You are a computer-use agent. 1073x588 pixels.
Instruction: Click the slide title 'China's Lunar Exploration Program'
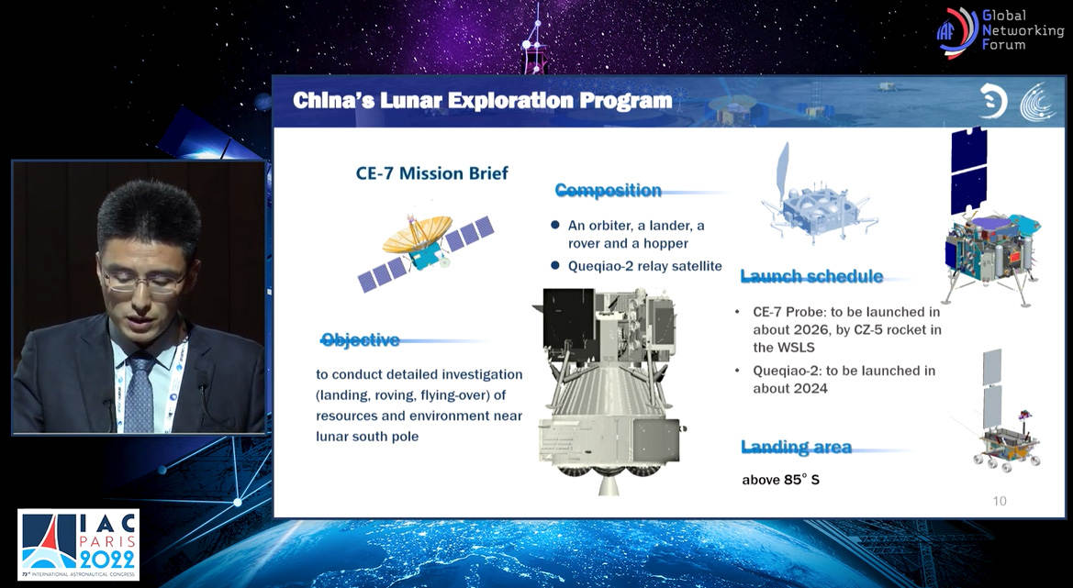[483, 101]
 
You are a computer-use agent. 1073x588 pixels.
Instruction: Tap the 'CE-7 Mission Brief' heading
[431, 173]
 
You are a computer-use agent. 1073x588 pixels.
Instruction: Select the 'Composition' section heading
[608, 190]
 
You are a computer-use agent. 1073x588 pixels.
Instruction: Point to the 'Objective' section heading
[360, 339]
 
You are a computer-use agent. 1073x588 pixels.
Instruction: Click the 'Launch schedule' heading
[811, 276]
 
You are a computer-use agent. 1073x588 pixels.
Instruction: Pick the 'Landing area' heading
[796, 447]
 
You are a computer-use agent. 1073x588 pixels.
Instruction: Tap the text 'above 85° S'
[781, 480]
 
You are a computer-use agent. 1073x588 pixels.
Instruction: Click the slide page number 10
[999, 501]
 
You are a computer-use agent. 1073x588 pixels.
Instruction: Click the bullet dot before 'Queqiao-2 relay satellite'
[555, 265]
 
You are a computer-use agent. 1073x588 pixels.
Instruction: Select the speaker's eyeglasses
[144, 281]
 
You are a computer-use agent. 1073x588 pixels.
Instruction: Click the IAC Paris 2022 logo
[78, 545]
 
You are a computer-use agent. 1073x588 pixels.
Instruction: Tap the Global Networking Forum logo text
[1023, 29]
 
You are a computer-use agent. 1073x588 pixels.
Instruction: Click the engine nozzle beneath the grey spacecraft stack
[608, 484]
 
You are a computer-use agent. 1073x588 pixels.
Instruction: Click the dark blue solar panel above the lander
[968, 170]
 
